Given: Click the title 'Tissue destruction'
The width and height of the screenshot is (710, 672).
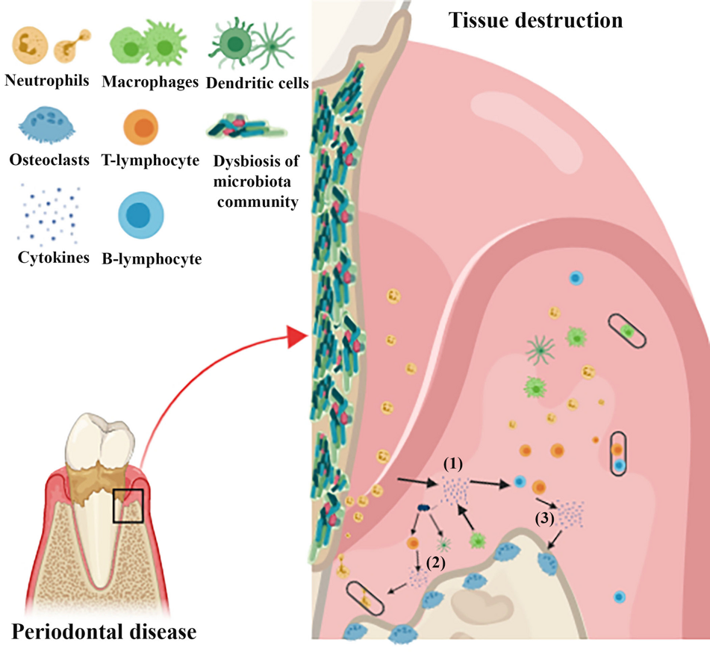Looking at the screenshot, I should click(535, 19).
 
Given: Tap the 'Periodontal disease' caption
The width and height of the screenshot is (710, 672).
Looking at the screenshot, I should click(105, 632).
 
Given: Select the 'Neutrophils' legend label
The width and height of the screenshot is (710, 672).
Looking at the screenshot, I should click(47, 79).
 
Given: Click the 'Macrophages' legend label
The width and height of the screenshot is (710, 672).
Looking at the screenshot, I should click(151, 81).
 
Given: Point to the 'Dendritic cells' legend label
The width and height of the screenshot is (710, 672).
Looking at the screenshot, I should click(256, 83).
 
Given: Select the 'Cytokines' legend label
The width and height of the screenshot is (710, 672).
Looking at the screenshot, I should click(54, 258).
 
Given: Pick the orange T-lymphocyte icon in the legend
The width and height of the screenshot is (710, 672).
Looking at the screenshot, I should click(145, 124).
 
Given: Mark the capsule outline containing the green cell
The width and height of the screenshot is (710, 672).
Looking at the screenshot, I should click(626, 329).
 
